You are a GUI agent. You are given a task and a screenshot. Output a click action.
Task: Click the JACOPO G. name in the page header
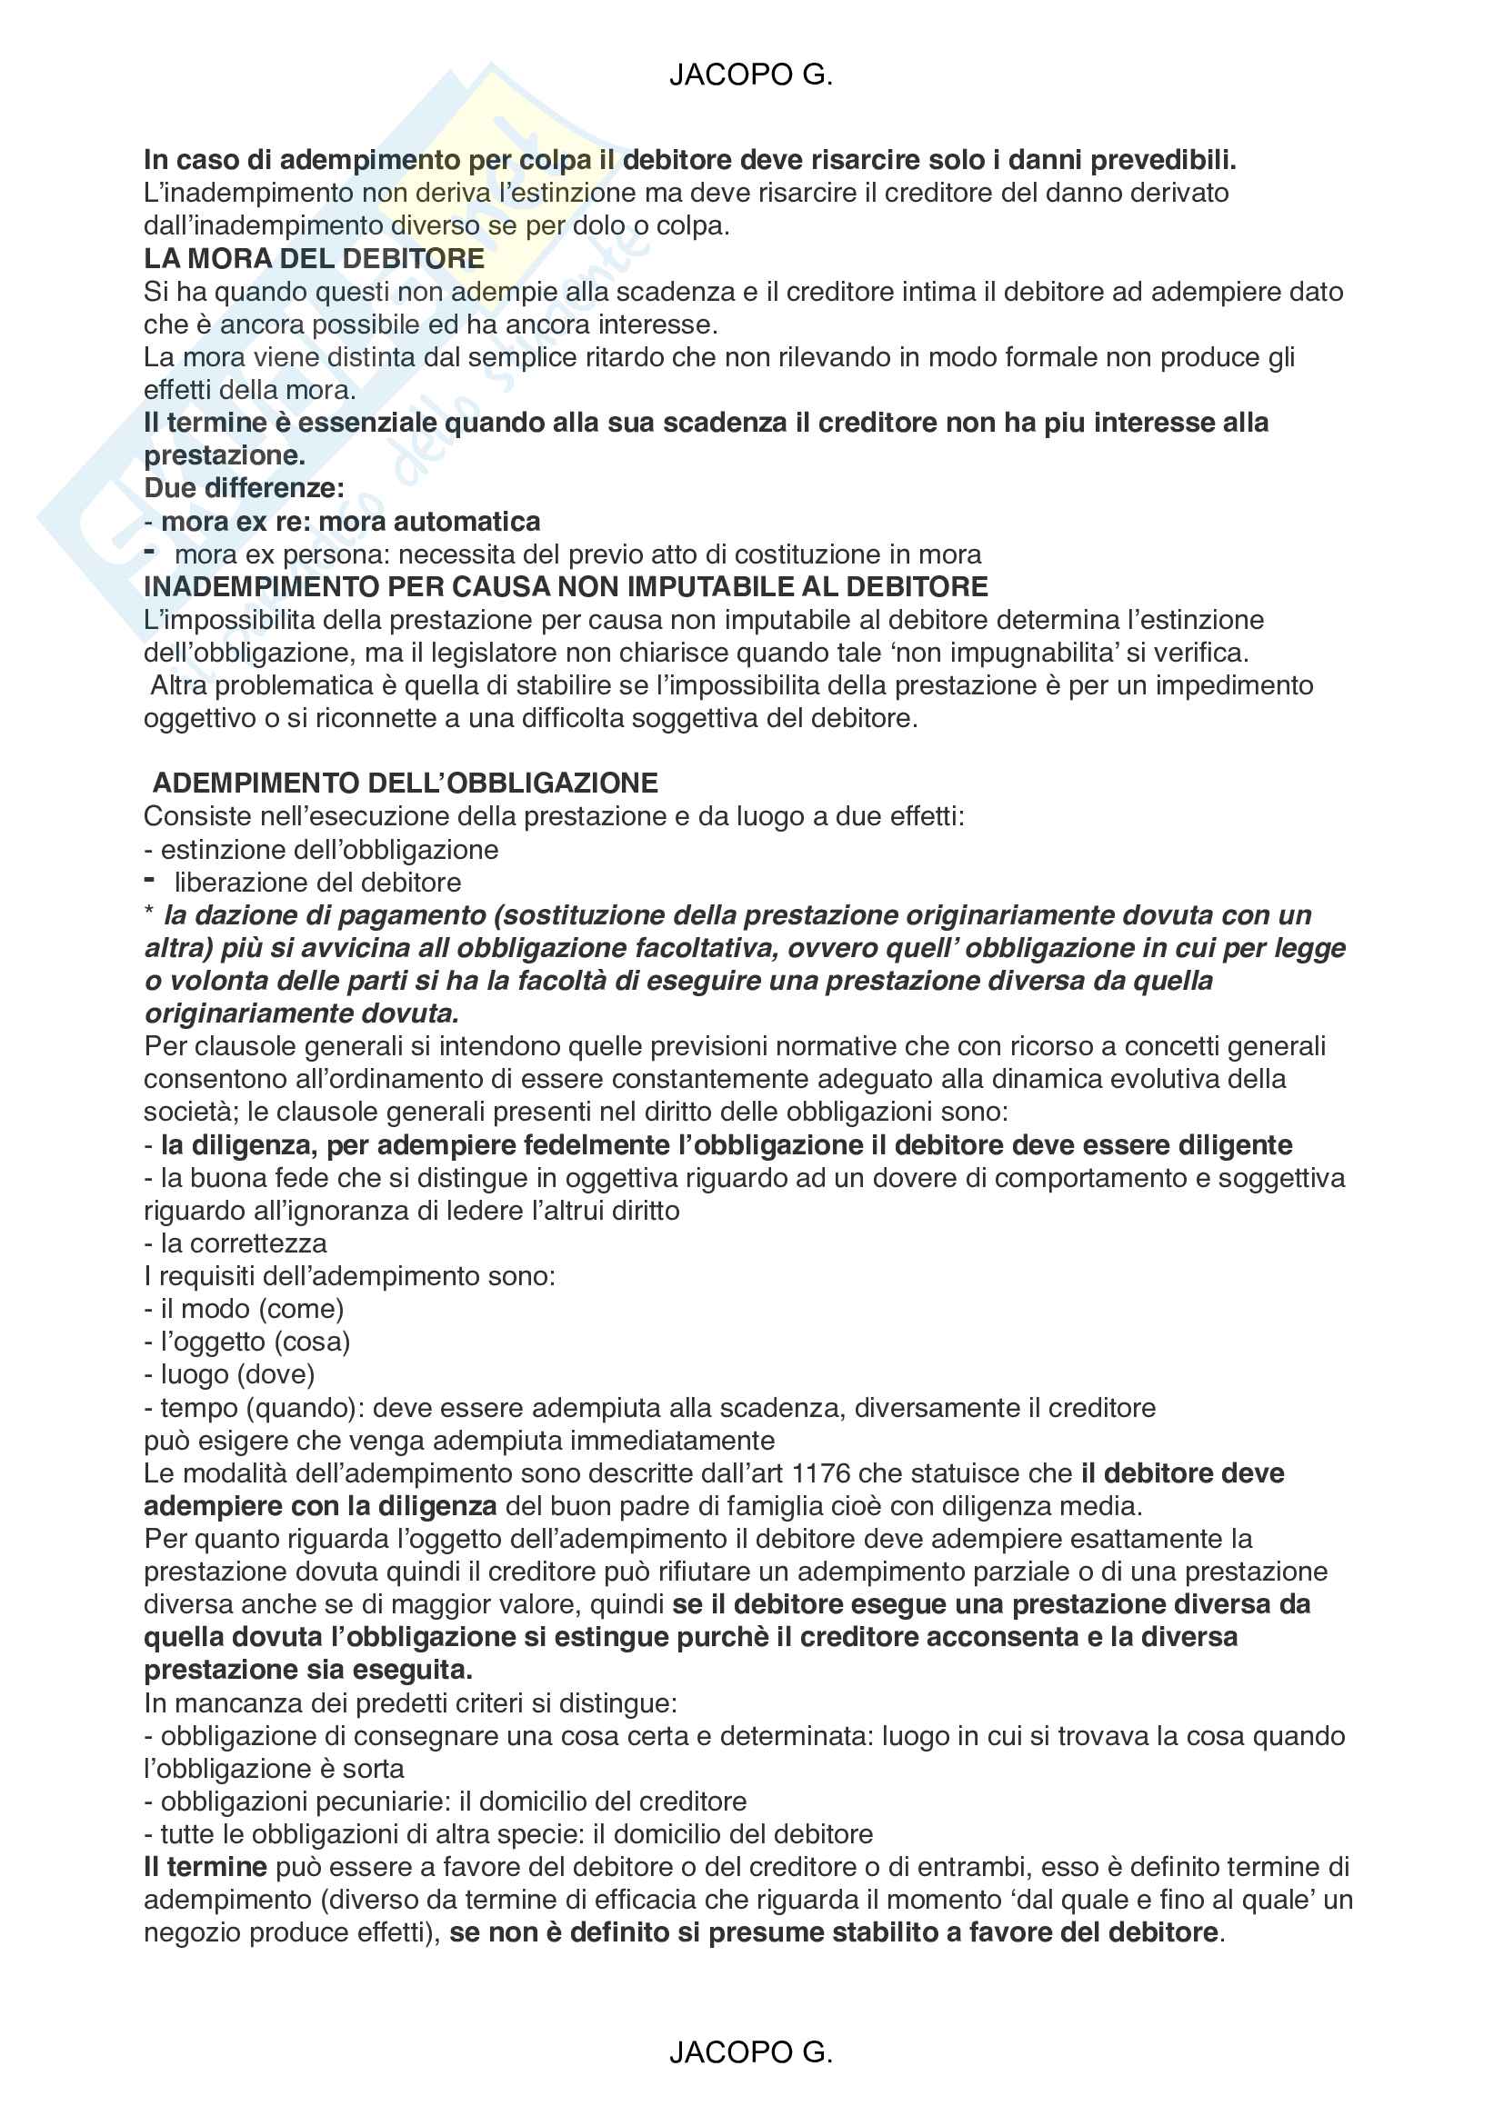pos(750,75)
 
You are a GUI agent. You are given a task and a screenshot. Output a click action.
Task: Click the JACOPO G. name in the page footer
pos(750,2052)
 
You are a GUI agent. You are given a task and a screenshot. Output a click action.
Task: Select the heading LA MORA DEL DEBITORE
pos(314,258)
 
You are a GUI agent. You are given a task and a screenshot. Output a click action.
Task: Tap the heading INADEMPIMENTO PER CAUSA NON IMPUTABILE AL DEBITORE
pos(566,586)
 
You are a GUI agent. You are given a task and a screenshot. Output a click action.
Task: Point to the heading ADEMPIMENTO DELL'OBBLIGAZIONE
pos(405,784)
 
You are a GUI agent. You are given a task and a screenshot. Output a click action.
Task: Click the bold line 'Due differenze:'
pos(244,488)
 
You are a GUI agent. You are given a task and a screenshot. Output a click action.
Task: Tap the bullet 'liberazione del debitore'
pos(316,883)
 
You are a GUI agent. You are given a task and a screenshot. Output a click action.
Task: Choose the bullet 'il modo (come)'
pos(251,1309)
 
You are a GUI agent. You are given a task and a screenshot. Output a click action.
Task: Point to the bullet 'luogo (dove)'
pos(237,1375)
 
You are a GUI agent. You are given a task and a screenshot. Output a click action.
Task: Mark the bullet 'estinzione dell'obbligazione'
pos(329,849)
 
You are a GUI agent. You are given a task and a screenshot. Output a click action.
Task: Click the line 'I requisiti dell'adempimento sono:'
pos(349,1276)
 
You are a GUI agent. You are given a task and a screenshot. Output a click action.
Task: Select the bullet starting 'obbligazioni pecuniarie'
pos(453,1801)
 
